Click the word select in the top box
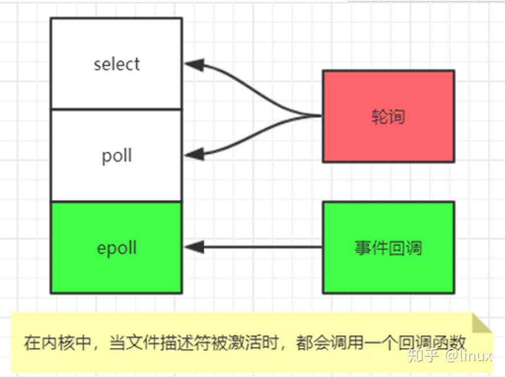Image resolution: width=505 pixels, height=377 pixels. coord(116,64)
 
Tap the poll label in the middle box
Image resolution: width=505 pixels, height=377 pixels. coord(116,156)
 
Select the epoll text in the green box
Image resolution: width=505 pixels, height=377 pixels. coord(116,248)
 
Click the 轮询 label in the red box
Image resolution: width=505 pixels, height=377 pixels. coord(388,116)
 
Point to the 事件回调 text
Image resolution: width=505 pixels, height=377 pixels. coord(388,248)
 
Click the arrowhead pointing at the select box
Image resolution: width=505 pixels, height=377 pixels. coord(194,65)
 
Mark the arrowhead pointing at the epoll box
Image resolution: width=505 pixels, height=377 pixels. coord(194,247)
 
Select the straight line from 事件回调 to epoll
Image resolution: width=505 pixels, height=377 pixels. coord(261,247)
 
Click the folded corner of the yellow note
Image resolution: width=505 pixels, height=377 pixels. coord(481,323)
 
